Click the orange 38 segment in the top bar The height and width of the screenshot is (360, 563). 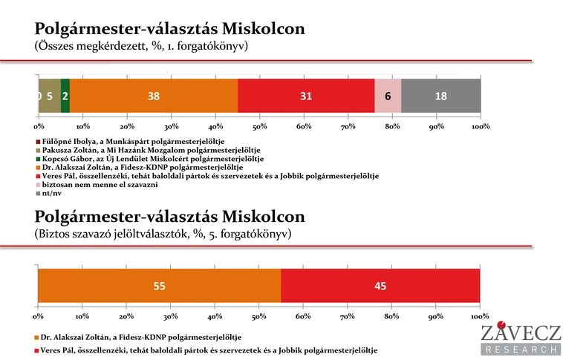(x=154, y=96)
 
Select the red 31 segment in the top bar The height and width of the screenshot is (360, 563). (x=306, y=96)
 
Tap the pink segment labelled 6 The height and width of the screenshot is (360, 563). (x=388, y=96)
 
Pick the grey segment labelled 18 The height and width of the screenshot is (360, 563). (x=440, y=96)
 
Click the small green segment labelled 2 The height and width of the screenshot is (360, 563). (x=65, y=96)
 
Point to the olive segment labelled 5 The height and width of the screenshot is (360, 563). (x=50, y=96)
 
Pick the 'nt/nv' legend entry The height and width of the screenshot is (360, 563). (x=51, y=194)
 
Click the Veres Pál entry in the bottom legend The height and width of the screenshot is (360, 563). (x=208, y=350)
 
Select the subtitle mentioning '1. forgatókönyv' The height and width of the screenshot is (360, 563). (x=140, y=46)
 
